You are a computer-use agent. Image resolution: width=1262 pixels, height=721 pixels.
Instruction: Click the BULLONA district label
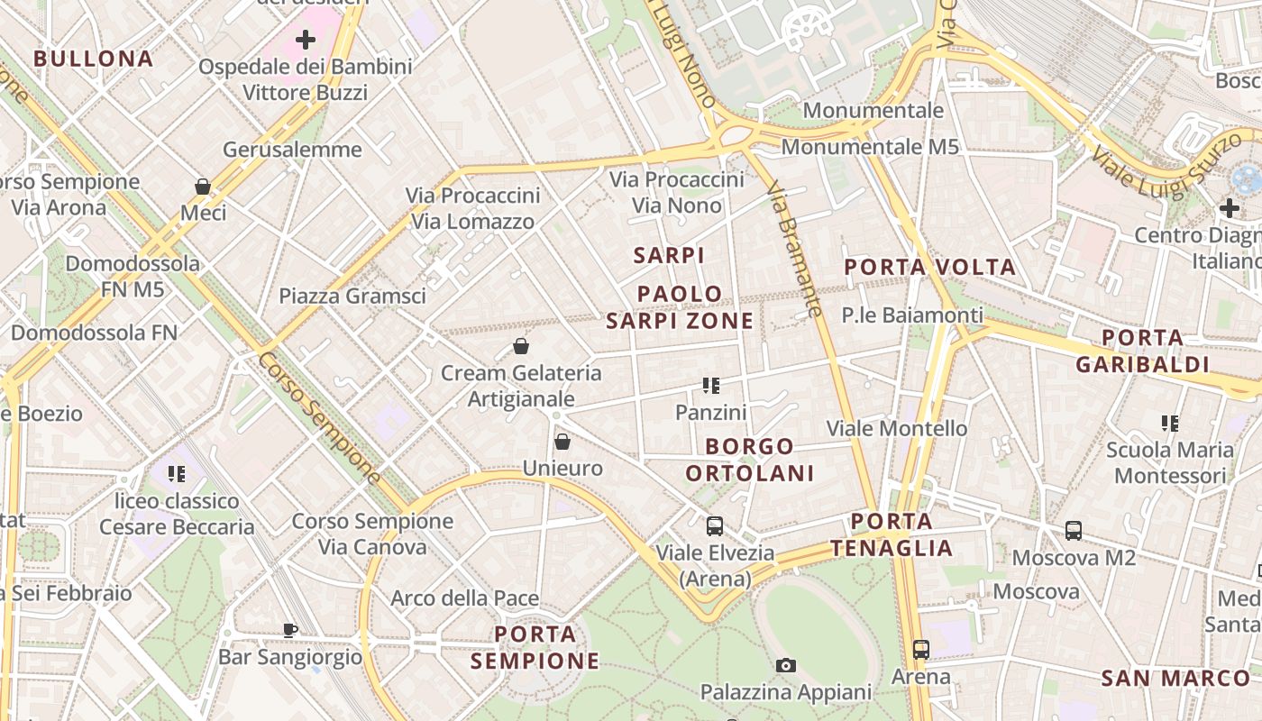(93, 59)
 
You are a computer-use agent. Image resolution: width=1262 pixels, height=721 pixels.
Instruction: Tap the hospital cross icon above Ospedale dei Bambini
(306, 40)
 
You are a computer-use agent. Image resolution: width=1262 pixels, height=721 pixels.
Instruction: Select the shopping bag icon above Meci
(203, 187)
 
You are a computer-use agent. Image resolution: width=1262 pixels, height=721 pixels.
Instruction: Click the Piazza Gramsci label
(352, 296)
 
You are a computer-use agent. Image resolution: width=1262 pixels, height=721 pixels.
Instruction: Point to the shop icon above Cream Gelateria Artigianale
(521, 346)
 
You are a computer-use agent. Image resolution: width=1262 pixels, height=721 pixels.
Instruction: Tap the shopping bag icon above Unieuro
(562, 442)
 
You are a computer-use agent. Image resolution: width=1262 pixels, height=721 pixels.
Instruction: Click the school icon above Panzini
(711, 386)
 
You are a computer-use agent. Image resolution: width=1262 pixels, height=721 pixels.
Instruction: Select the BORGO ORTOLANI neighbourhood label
(750, 460)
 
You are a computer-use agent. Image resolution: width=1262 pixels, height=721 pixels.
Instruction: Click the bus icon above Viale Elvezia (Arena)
(715, 526)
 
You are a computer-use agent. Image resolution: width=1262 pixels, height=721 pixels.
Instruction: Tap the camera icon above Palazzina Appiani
(786, 666)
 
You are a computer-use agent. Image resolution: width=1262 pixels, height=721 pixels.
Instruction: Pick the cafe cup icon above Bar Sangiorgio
(289, 630)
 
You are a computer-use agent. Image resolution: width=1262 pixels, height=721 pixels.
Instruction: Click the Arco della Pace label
(464, 598)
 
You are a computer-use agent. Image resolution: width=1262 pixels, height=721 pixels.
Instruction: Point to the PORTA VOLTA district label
(929, 267)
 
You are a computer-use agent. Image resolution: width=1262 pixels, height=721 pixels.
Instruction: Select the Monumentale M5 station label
(870, 147)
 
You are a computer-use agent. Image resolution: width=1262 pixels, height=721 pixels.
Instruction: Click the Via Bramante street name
(794, 249)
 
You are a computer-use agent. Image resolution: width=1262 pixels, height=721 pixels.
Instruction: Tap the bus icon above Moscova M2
(1074, 531)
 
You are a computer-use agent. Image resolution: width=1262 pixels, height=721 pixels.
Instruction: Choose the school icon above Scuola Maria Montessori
(1170, 423)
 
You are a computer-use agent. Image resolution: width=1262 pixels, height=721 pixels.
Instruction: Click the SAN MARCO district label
(1175, 679)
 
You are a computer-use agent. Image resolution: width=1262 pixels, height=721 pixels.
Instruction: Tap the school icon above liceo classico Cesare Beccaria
(177, 474)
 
